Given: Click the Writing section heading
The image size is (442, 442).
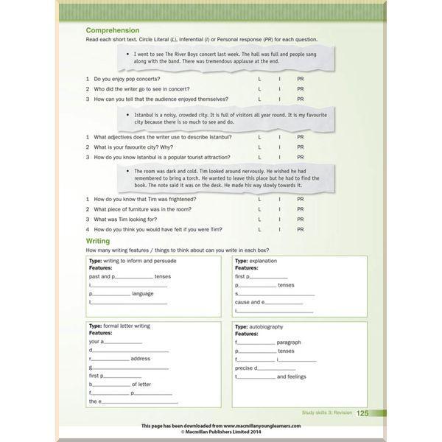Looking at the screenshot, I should tap(98, 241).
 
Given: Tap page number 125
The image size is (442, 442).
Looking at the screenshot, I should tap(362, 413).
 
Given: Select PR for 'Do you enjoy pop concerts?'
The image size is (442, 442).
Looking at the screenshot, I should tap(300, 78).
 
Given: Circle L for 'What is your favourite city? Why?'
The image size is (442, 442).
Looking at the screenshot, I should tap(259, 147).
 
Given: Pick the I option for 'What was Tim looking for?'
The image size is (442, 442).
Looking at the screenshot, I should tap(279, 219).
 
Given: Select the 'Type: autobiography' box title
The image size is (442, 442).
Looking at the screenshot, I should tap(259, 326).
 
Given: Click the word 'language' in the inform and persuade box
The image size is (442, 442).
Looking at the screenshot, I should tap(143, 293).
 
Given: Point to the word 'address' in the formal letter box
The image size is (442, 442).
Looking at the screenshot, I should tap(140, 359).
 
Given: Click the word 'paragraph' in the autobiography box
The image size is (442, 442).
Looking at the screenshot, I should tap(289, 343).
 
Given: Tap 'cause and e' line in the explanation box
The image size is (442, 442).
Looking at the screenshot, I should tap(248, 301).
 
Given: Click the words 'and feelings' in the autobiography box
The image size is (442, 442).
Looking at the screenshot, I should tap(292, 376).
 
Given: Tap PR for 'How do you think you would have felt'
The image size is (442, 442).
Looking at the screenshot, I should tap(300, 229).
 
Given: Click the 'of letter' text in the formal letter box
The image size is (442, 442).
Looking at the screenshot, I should tap(141, 384).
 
